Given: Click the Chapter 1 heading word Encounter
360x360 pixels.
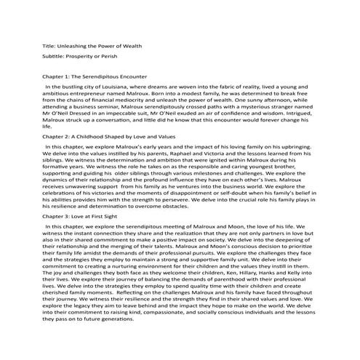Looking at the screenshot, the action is click(x=130, y=76).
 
